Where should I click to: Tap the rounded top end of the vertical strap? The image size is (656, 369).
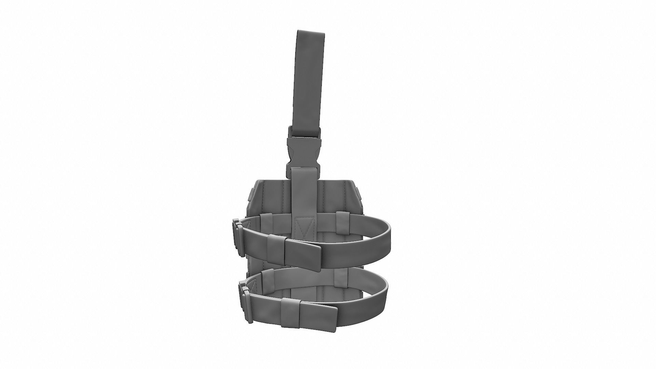(x=310, y=32)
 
